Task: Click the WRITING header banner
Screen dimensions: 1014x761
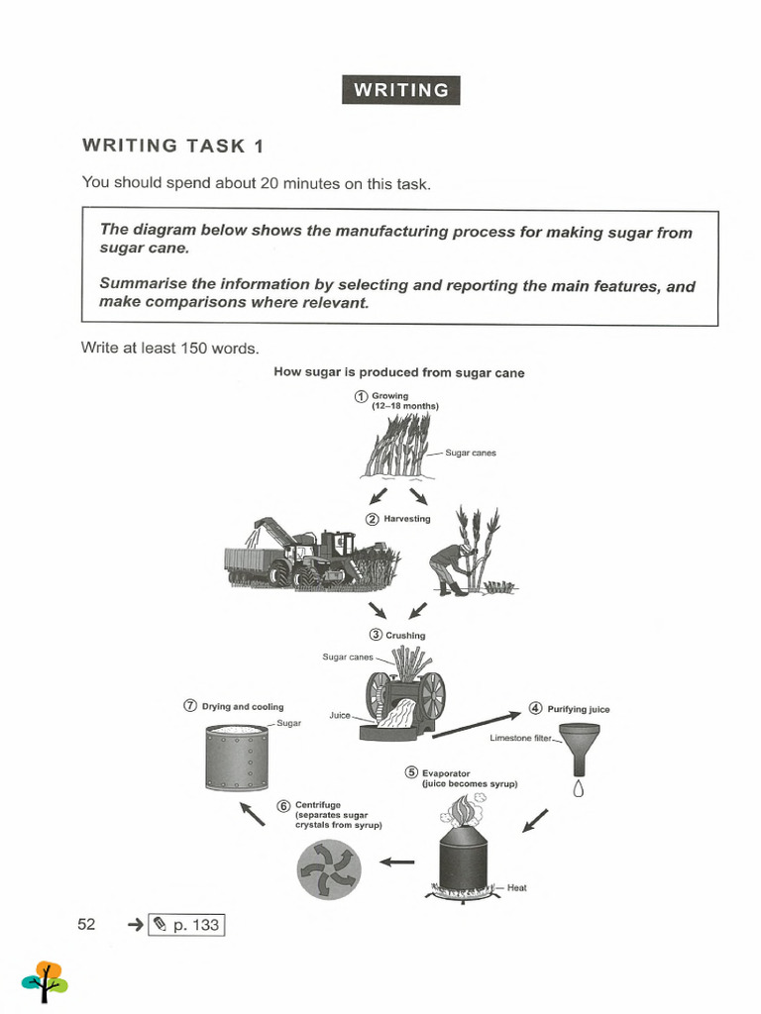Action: click(400, 90)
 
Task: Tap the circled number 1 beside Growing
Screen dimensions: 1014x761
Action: click(362, 396)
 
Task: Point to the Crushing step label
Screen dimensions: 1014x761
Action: click(404, 635)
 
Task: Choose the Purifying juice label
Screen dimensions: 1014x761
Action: click(578, 709)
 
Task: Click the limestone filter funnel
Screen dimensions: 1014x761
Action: click(579, 749)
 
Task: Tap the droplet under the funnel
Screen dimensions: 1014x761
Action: click(579, 789)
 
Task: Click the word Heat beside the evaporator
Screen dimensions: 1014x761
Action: click(516, 888)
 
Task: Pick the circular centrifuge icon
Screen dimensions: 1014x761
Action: click(329, 869)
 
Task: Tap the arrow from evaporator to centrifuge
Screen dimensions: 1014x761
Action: click(397, 862)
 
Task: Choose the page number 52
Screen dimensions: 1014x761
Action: click(86, 924)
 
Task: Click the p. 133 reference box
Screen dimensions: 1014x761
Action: click(186, 925)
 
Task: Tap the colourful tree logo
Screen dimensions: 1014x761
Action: click(45, 980)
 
